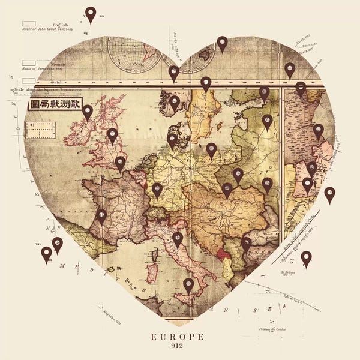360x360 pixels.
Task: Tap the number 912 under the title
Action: point(177,346)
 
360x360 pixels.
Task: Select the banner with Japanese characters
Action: point(55,104)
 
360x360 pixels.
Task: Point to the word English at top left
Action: point(60,25)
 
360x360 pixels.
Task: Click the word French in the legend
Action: point(58,64)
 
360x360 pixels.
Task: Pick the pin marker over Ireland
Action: point(88,112)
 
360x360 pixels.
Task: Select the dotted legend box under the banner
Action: point(40,128)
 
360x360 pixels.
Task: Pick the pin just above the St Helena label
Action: point(306,258)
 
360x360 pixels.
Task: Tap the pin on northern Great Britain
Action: point(112,135)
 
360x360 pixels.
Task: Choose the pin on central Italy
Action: point(178,239)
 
